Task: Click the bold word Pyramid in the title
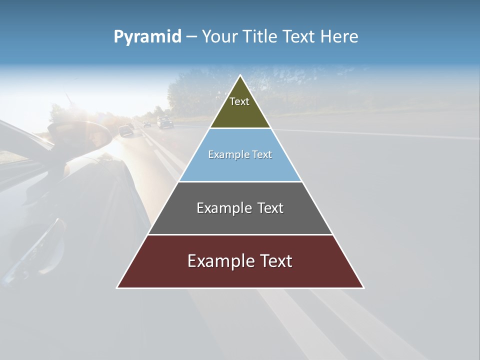click(x=147, y=36)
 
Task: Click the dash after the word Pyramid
click(x=191, y=37)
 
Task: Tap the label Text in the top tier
click(x=239, y=101)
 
